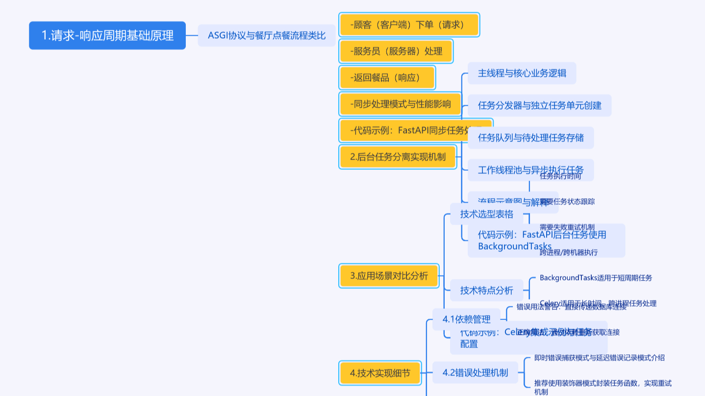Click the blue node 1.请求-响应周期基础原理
click(x=107, y=35)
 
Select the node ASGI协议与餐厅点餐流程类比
click(x=267, y=35)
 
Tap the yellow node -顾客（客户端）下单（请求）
click(x=408, y=24)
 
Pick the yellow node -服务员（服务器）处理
click(x=396, y=51)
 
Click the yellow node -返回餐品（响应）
click(x=387, y=77)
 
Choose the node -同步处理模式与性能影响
click(x=400, y=103)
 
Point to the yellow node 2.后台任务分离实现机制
click(x=398, y=157)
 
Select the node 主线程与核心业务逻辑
click(x=522, y=73)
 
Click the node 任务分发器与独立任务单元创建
click(x=539, y=105)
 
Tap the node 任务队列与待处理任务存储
click(x=530, y=138)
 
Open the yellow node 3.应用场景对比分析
click(x=389, y=276)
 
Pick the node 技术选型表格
click(x=486, y=214)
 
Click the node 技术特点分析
click(x=486, y=290)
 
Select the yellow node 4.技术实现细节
click(x=379, y=373)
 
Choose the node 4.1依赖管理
click(x=466, y=319)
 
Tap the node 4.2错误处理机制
click(x=475, y=373)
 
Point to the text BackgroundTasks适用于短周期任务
click(x=596, y=278)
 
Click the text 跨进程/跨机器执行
click(x=569, y=253)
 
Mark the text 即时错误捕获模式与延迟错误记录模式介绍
click(x=599, y=357)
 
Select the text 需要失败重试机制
click(x=567, y=227)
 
